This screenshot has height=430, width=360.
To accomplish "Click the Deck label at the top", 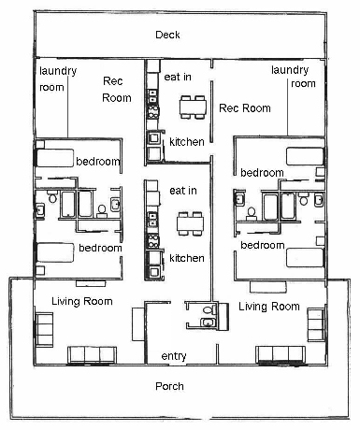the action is tap(167, 35).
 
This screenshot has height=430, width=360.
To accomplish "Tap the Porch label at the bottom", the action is tap(169, 386).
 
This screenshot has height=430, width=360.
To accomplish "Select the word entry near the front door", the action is tap(174, 356).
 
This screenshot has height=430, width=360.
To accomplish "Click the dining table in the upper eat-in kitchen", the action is tap(193, 107).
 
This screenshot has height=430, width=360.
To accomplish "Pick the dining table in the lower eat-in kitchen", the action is tap(190, 223).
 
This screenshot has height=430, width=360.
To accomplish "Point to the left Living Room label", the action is tap(82, 301).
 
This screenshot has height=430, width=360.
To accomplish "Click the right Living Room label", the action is tap(269, 307).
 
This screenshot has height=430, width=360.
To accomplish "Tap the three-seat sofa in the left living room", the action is tap(93, 355).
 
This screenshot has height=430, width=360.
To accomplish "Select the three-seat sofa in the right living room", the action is tap(281, 354).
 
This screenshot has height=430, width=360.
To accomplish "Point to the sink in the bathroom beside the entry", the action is tap(208, 322).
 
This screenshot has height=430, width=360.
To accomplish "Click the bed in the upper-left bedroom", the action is tap(55, 158).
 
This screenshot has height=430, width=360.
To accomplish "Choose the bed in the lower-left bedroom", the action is tap(55, 252).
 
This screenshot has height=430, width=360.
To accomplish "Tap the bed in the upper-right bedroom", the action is tap(305, 156).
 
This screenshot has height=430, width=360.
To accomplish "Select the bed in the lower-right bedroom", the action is tap(305, 257).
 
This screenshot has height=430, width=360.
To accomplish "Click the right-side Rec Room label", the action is tap(245, 108).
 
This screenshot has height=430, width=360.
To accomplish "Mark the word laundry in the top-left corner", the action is tap(58, 71).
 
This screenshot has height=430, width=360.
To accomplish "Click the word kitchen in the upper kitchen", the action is tap(187, 142).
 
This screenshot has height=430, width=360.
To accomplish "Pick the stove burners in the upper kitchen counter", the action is tap(153, 112).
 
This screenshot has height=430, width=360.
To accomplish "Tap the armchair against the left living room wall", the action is tap(44, 329).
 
